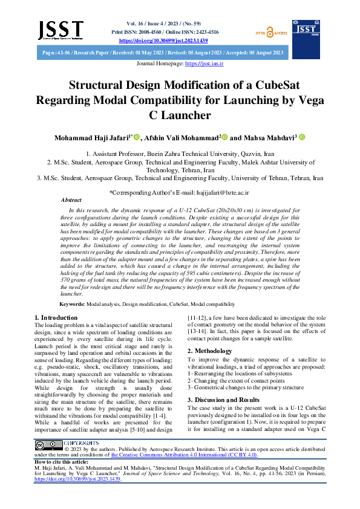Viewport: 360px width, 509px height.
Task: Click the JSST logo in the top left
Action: [x=60, y=29]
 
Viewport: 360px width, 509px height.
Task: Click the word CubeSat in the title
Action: [x=272, y=86]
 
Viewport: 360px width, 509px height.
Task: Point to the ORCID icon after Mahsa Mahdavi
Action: [x=302, y=138]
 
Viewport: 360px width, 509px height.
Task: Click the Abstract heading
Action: [x=71, y=199]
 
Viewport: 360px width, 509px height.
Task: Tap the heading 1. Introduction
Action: [x=56, y=317]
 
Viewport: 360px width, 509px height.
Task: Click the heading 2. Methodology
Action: [x=209, y=351]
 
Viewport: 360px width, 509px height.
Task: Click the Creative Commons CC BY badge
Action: [x=47, y=446]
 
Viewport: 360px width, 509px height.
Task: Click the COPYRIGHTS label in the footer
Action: [x=81, y=443]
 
